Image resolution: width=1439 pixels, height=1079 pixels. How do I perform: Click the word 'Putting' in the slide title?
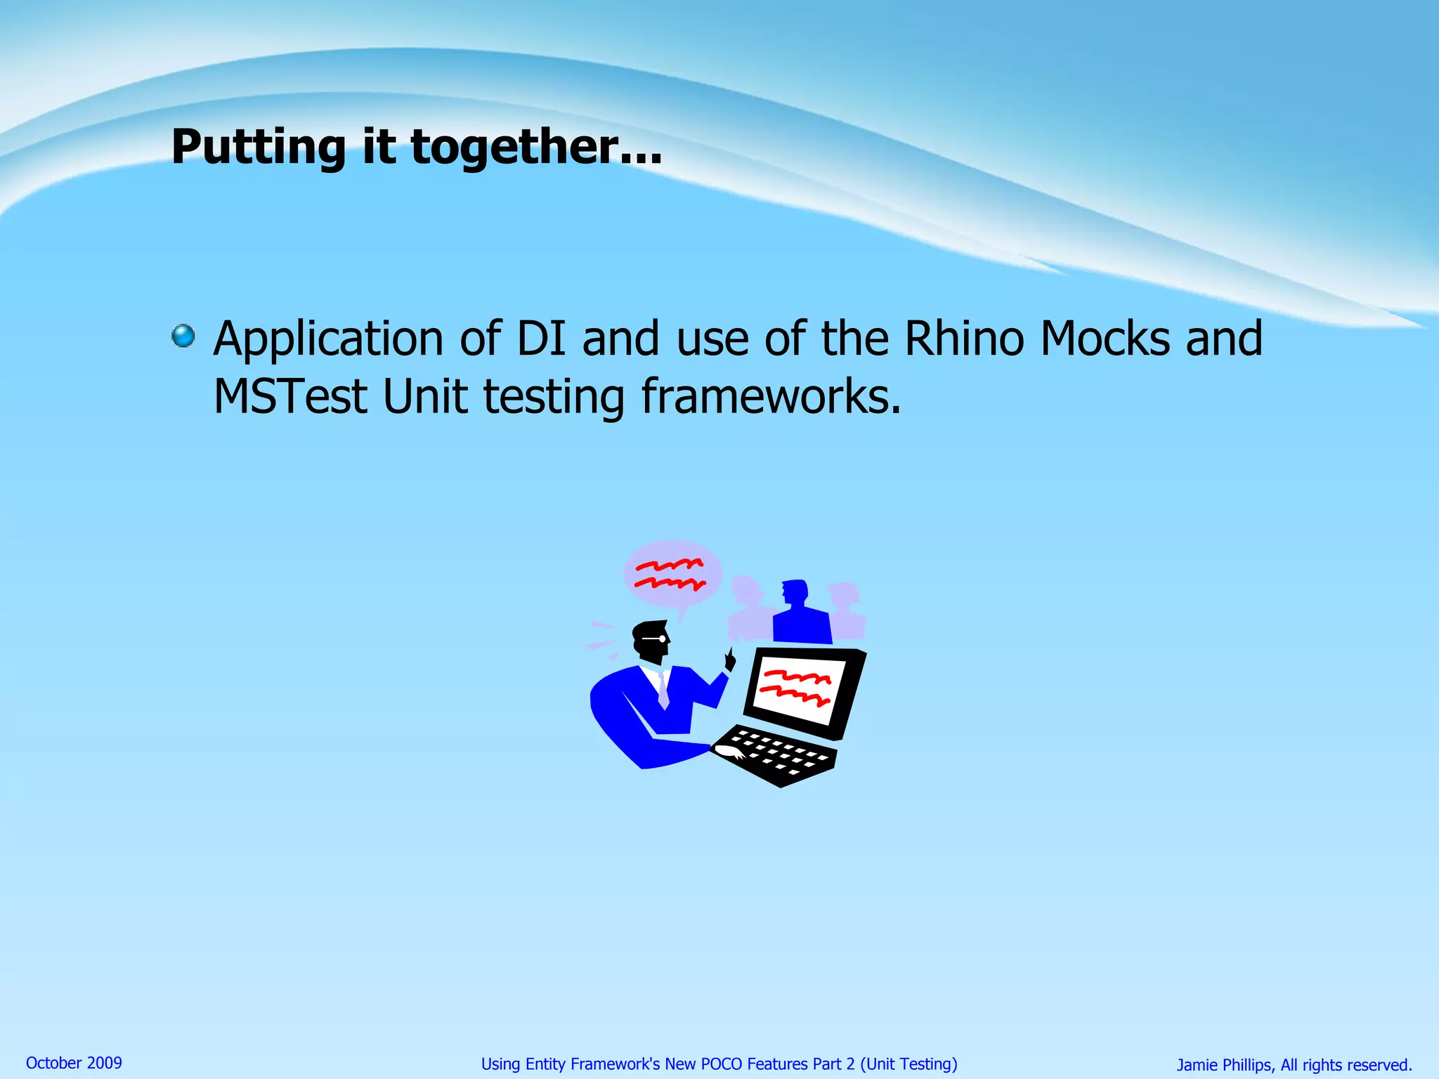point(258,148)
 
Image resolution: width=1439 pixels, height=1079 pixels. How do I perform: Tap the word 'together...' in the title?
point(536,148)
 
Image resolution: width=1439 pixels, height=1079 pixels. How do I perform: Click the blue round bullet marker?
point(183,336)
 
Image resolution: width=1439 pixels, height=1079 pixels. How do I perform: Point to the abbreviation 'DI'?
point(541,339)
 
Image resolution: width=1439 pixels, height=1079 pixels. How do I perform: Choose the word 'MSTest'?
point(290,397)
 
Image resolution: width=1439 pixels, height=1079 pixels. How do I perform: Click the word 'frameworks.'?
point(771,397)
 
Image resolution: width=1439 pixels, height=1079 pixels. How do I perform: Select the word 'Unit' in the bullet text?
point(425,397)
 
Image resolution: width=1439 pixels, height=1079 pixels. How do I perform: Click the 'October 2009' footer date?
point(74,1063)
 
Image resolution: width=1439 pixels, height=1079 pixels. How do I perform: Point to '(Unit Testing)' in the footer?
point(909,1064)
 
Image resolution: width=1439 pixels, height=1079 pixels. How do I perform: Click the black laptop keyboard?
point(776,755)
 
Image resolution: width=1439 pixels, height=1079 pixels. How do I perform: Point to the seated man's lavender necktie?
point(663,692)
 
